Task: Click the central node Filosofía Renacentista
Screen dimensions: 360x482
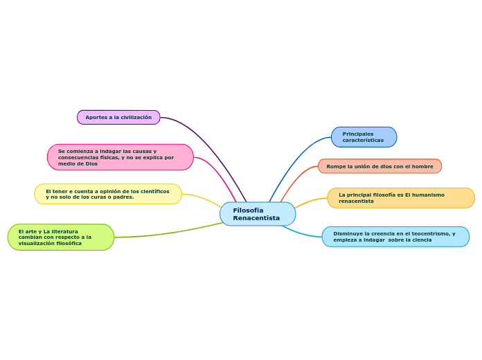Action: pos(257,214)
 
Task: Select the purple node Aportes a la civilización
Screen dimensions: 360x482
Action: pos(118,118)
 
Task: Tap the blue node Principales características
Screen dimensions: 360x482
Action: pos(364,137)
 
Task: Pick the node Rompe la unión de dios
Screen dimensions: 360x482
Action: pos(380,166)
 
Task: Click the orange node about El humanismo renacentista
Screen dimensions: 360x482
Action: pos(400,198)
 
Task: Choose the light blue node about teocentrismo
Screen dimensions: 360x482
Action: pos(395,237)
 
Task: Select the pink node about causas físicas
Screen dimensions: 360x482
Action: pos(120,157)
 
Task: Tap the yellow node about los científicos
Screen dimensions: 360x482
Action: pos(108,194)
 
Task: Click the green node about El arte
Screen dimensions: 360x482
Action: pos(61,237)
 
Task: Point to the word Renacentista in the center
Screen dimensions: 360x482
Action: pos(256,218)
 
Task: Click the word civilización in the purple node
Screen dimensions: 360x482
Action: pos(136,118)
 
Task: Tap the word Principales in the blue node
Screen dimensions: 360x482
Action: pos(358,134)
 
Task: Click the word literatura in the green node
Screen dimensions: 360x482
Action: pos(64,231)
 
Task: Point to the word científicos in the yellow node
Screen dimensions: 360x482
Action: pos(152,191)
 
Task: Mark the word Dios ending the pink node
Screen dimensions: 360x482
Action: pos(91,163)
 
